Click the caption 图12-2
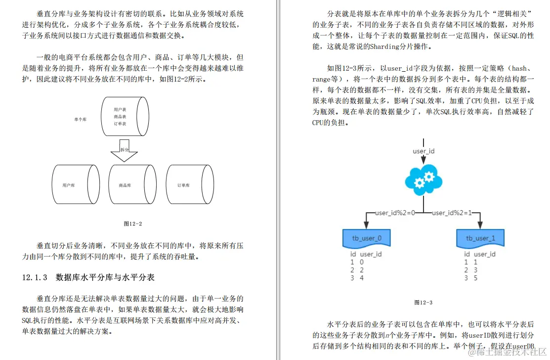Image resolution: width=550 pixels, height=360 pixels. [x=132, y=224]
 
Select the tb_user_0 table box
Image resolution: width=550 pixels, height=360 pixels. [x=367, y=238]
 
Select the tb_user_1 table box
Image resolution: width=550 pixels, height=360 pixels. [x=479, y=238]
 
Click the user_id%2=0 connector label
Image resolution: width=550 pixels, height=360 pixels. [x=395, y=213]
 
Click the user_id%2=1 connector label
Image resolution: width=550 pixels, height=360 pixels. [x=452, y=213]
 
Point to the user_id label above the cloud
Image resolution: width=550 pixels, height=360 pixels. [x=423, y=151]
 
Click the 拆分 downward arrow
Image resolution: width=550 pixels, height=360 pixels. [x=124, y=151]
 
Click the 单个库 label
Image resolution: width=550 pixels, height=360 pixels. [x=80, y=119]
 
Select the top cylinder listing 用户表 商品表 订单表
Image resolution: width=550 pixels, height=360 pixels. [x=124, y=117]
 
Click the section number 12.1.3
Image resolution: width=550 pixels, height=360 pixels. [x=35, y=277]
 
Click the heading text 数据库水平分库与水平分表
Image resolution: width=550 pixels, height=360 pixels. [x=105, y=277]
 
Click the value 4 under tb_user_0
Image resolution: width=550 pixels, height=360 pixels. [x=362, y=278]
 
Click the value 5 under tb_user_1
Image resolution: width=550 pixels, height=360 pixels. [x=475, y=278]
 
